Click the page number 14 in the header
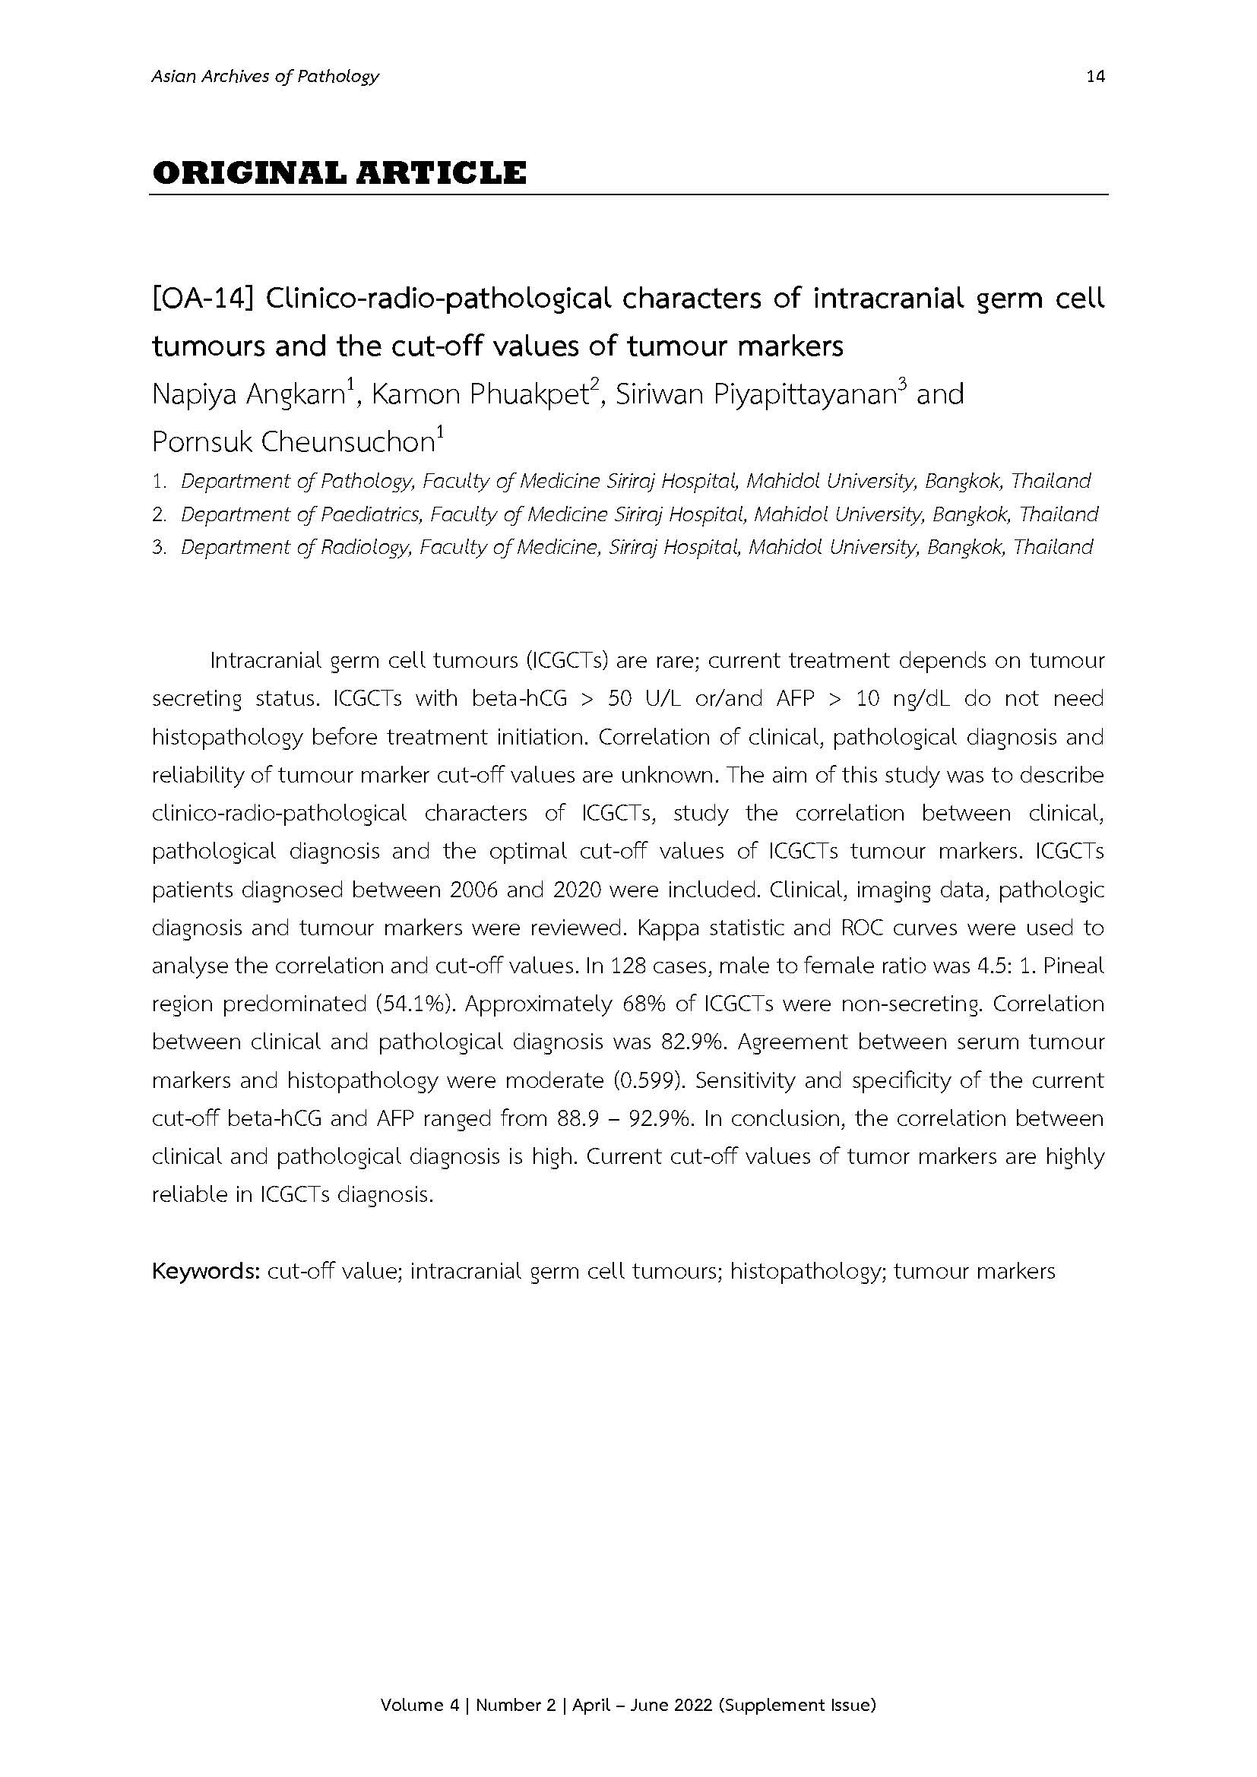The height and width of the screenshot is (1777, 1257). pos(1095,76)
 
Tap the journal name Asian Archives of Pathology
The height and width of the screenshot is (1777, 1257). pos(265,76)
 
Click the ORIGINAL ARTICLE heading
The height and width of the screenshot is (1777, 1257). pos(339,172)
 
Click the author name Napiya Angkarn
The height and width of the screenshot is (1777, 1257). pos(248,396)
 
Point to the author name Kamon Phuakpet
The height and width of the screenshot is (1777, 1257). pos(476,396)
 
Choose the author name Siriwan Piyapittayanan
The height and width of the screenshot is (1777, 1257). pos(755,396)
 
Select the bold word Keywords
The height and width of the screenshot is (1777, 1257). pos(205,1271)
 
